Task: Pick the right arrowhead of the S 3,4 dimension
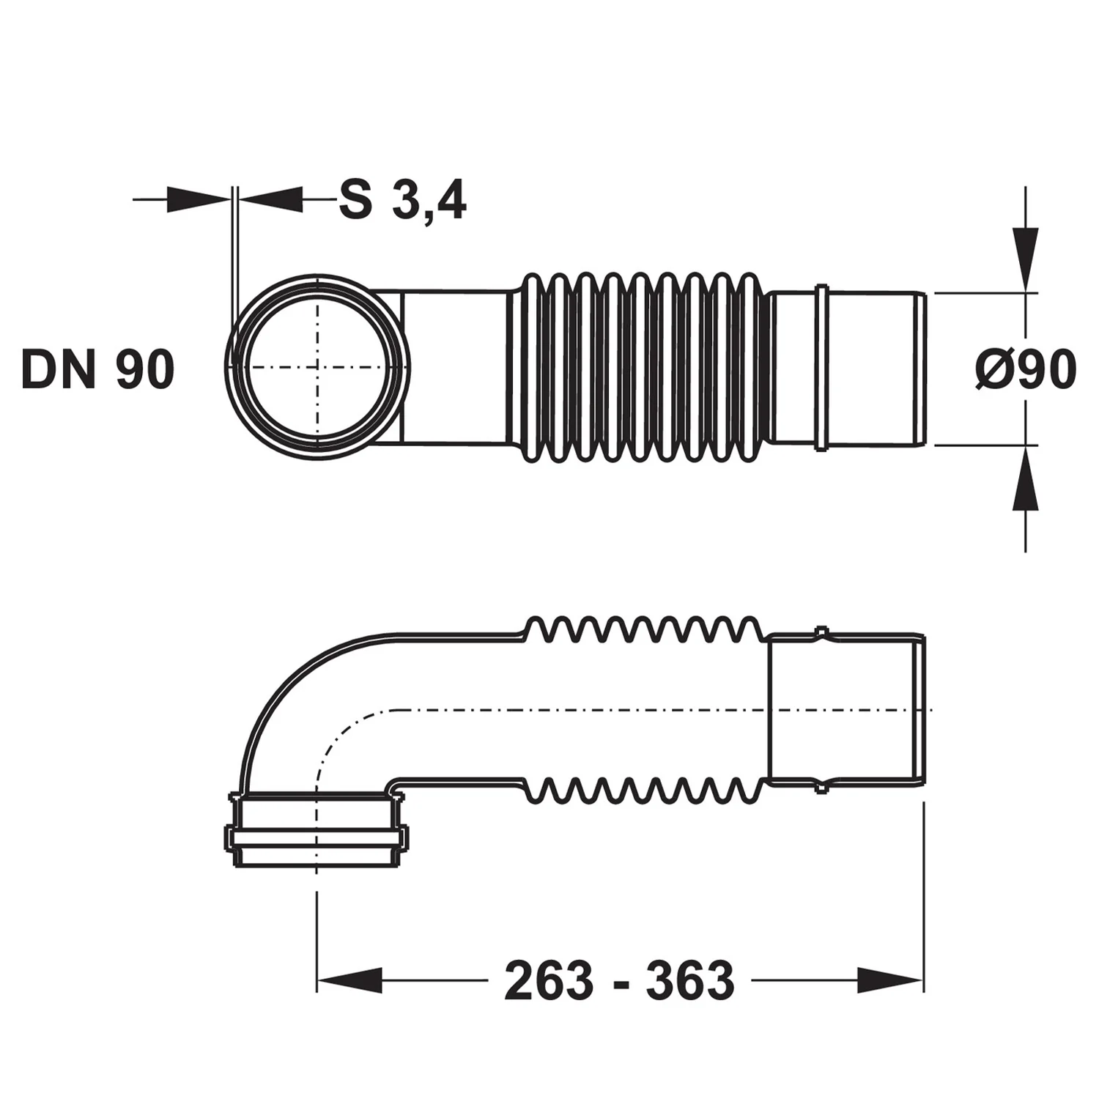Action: [x=270, y=199]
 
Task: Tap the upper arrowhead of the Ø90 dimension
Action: [x=1025, y=261]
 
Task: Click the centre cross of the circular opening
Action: [x=317, y=367]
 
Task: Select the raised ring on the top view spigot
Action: [x=822, y=368]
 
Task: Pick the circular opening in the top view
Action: [x=317, y=367]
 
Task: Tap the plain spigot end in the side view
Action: [x=847, y=709]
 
